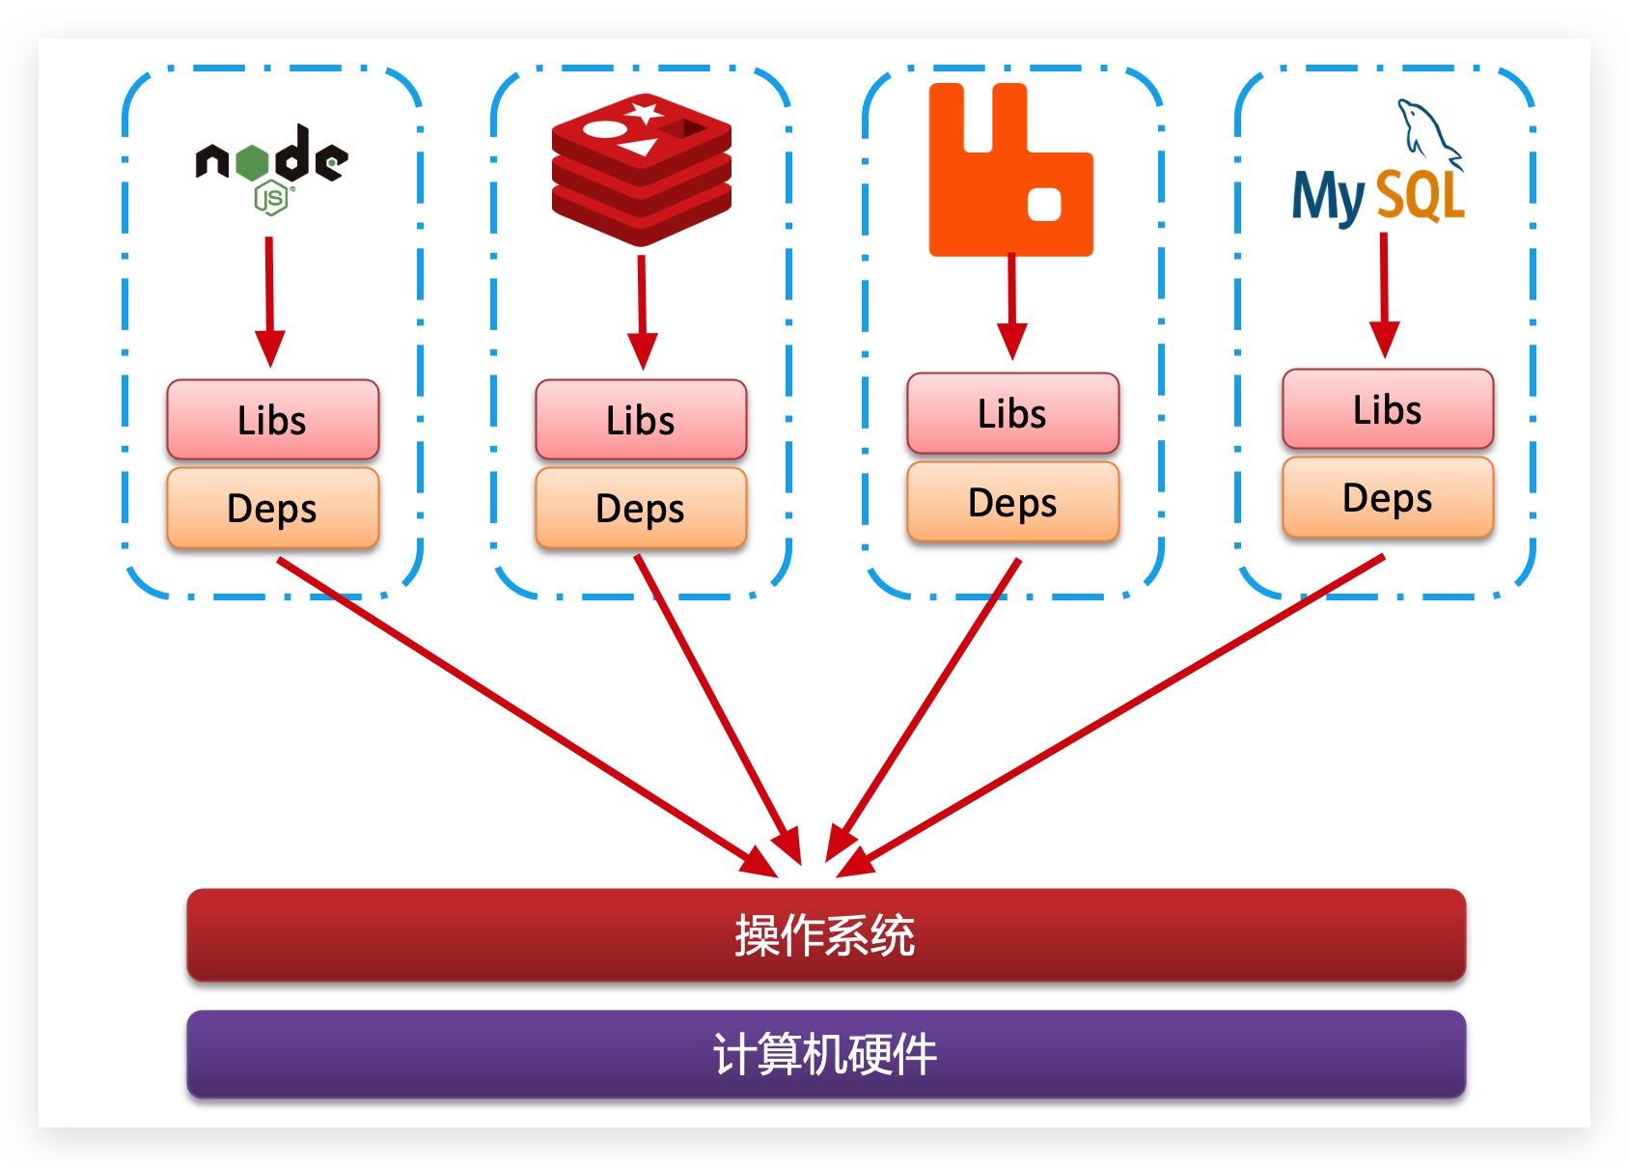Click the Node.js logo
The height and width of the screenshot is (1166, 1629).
(271, 166)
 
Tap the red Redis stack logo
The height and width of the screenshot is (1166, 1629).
(642, 170)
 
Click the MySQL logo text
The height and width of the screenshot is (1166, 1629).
(1378, 196)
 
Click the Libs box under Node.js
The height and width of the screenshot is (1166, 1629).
(273, 420)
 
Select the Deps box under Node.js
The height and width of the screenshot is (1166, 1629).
(273, 508)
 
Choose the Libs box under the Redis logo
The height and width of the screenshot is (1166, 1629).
(641, 420)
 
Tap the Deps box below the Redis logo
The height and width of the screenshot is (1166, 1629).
(641, 508)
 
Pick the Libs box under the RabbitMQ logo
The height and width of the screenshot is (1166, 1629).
(1012, 413)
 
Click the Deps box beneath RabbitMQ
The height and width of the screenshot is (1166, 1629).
(1012, 502)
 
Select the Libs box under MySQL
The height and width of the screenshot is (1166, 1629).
(1388, 409)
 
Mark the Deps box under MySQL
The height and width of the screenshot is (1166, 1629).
(1388, 497)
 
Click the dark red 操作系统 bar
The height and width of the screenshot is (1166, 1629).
(826, 934)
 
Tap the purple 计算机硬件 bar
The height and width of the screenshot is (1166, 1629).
(826, 1053)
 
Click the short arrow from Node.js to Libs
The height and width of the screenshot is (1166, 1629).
(270, 299)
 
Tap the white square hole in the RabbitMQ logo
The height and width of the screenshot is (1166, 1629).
(1044, 204)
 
